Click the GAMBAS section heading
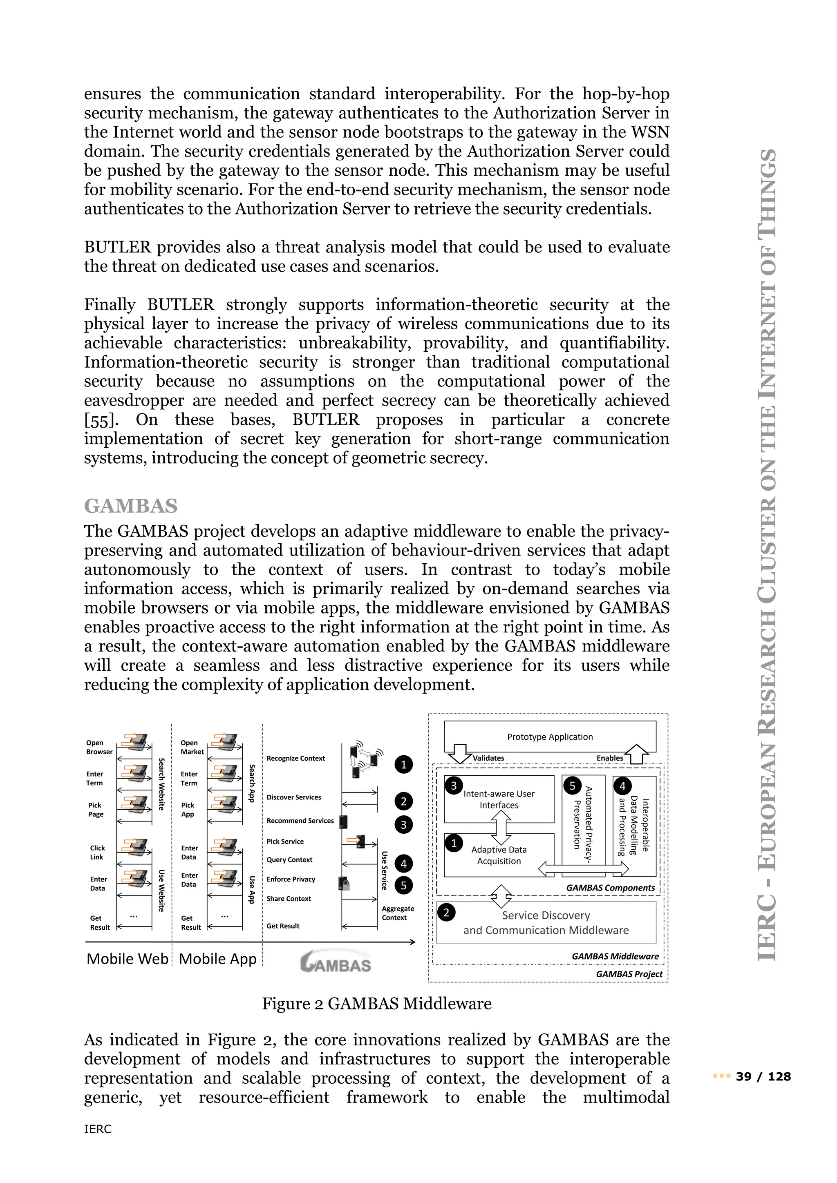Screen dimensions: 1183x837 click(x=130, y=506)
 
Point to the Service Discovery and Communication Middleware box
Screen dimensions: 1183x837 click(x=546, y=923)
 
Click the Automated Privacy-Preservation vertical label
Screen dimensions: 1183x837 click(x=583, y=824)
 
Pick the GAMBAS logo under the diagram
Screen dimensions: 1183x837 click(x=336, y=962)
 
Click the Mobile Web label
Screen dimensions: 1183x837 click(x=127, y=959)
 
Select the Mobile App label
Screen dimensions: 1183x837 click(x=217, y=959)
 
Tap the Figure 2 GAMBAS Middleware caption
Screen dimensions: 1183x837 click(x=377, y=1004)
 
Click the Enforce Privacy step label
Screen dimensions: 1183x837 click(x=291, y=879)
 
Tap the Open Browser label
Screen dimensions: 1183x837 click(x=99, y=747)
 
